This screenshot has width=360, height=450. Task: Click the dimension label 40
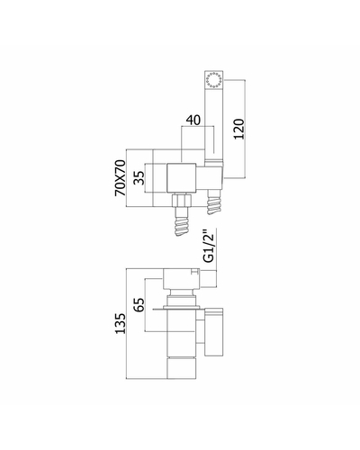[193, 120]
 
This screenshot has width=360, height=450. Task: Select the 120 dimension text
[239, 129]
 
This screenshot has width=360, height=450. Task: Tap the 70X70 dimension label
[121, 178]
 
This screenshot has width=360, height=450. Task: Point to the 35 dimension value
[139, 178]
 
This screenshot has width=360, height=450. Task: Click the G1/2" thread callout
[209, 247]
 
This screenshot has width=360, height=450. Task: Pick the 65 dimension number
[139, 305]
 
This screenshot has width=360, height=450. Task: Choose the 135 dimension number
[121, 324]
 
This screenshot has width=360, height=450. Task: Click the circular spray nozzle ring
[214, 80]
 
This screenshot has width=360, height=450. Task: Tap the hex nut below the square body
[181, 201]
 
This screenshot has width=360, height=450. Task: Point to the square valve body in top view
[182, 177]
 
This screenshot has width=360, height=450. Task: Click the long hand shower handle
[214, 117]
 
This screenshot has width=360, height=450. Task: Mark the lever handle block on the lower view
[214, 332]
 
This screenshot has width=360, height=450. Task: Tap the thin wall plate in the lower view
[176, 308]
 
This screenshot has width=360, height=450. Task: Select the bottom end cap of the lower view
[182, 369]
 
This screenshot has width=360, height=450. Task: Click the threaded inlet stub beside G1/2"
[208, 278]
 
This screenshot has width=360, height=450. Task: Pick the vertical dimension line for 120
[246, 129]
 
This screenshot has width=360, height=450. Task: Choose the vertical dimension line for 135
[126, 324]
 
